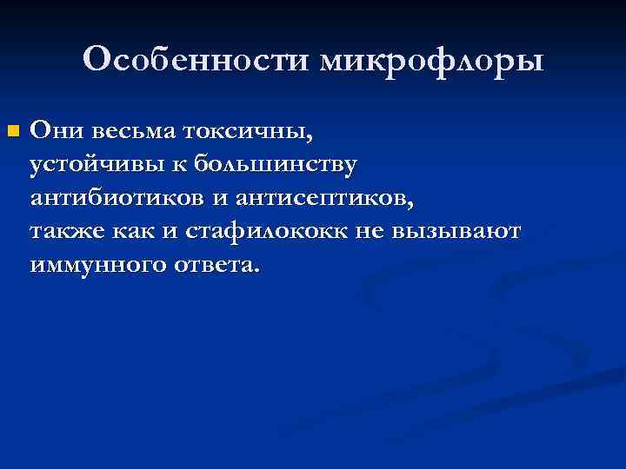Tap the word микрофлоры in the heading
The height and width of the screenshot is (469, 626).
(x=432, y=61)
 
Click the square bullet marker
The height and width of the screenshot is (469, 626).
(x=11, y=132)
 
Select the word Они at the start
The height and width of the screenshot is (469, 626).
(x=54, y=131)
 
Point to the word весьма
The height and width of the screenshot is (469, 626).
(x=131, y=131)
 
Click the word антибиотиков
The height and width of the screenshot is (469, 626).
(x=117, y=198)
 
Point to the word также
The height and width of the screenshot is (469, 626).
(x=65, y=231)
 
